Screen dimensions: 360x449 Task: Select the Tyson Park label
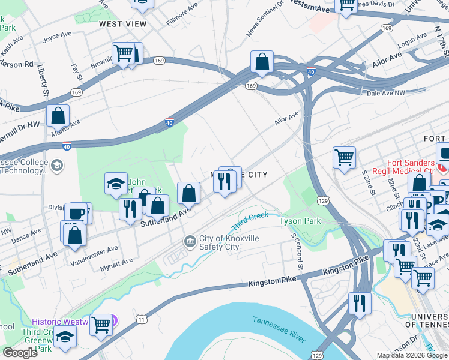click(x=300, y=221)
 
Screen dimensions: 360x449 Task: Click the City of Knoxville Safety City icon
click(x=190, y=241)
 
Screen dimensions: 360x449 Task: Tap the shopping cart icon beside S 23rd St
click(x=344, y=158)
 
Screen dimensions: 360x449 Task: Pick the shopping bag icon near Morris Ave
click(x=58, y=116)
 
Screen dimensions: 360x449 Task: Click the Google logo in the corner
click(x=20, y=353)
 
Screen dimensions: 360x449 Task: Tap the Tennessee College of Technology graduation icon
click(x=57, y=165)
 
